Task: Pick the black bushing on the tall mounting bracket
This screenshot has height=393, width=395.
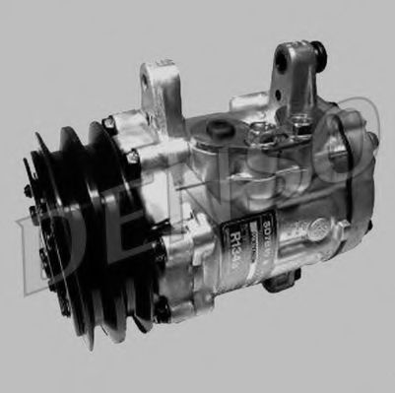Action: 315,50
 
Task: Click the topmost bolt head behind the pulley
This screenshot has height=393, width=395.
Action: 109,124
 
